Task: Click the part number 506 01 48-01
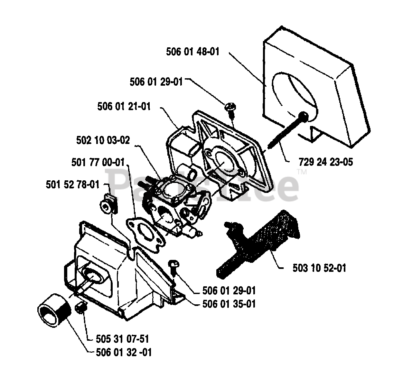pyautogui.click(x=192, y=52)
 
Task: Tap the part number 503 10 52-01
pyautogui.click(x=319, y=268)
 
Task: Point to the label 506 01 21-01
pyautogui.click(x=124, y=107)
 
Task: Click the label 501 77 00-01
pyautogui.click(x=98, y=162)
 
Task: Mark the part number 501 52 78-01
pyautogui.click(x=72, y=185)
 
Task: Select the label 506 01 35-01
pyautogui.click(x=229, y=304)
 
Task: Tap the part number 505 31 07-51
pyautogui.click(x=122, y=339)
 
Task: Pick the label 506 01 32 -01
pyautogui.click(x=124, y=352)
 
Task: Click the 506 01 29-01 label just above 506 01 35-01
pyautogui.click(x=229, y=291)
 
